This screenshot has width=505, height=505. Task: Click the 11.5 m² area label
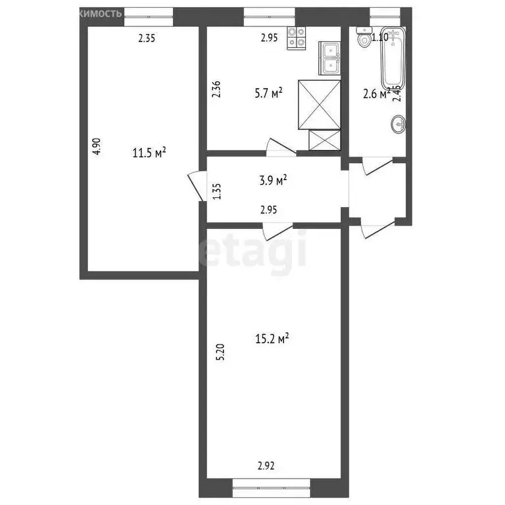[149, 154]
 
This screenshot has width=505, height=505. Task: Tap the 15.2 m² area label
[272, 339]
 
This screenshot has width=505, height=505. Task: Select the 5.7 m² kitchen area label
[268, 93]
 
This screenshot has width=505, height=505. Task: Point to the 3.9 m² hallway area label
[272, 181]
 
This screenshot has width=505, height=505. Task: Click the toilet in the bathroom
[362, 39]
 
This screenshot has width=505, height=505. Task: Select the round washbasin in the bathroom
[398, 123]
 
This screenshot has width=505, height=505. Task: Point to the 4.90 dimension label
[97, 146]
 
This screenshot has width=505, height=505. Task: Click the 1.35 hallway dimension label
[217, 191]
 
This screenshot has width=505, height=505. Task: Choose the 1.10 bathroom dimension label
[379, 37]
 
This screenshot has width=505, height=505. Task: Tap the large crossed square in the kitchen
[320, 104]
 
